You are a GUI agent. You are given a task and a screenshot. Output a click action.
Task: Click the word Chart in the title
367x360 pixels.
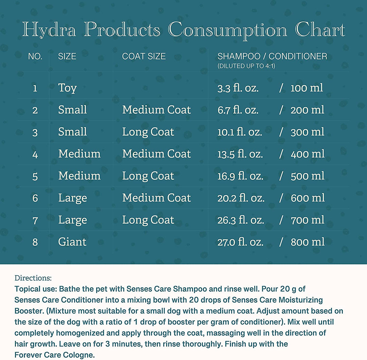tap(320, 30)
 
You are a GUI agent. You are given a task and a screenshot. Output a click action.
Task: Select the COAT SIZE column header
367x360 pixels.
tap(144, 56)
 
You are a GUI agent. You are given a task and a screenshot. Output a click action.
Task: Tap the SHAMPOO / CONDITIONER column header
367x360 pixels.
tap(272, 56)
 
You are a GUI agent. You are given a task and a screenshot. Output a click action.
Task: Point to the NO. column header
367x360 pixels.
tap(35, 56)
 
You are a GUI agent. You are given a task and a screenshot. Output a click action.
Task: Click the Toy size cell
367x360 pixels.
tap(67, 88)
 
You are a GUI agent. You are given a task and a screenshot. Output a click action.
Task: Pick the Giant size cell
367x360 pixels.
tap(72, 242)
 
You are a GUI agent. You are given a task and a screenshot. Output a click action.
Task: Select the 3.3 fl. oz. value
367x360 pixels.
tap(238, 88)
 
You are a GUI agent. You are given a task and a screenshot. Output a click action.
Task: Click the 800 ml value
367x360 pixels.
tap(308, 242)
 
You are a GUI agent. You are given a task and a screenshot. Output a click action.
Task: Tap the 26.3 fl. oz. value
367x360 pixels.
tap(241, 220)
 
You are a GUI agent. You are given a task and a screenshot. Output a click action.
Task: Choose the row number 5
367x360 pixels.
tap(35, 176)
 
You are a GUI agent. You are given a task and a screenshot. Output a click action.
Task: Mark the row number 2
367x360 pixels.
tap(35, 110)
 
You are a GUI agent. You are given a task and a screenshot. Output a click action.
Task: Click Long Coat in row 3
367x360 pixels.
tap(148, 132)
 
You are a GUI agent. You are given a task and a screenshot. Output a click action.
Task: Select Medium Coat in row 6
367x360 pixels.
tap(156, 198)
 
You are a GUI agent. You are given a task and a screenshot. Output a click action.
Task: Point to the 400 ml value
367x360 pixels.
tap(308, 154)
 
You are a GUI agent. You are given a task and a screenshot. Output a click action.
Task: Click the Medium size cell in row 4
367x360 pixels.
tap(79, 154)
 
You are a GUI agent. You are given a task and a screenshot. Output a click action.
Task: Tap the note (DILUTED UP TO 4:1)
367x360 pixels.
tap(246, 66)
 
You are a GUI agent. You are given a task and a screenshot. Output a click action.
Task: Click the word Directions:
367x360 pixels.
tap(33, 278)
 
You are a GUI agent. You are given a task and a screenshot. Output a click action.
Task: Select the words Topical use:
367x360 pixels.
tap(36, 289)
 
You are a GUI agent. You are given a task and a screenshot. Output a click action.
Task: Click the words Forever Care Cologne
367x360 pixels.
tap(54, 355)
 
